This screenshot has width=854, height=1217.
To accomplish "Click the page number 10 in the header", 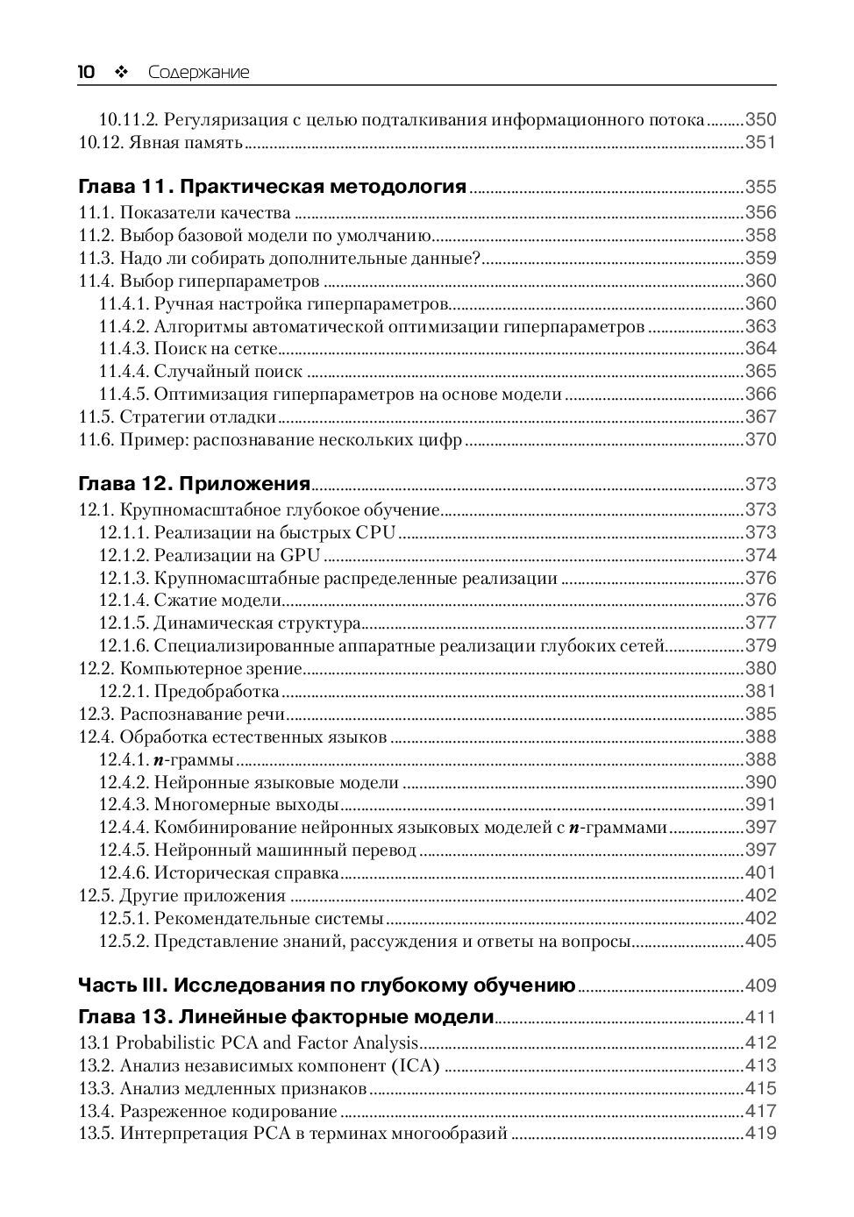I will coord(87,72).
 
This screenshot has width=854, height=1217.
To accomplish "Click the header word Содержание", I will coord(198,73).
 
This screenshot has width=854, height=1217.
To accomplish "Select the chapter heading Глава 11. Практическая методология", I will coord(273,187).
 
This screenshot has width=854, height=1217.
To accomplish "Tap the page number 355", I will coord(760,187).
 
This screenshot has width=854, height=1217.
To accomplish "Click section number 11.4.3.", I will coord(124,349).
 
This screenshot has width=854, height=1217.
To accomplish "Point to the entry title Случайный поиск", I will coord(228,372).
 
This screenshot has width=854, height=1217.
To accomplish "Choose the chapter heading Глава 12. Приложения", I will coord(195,484).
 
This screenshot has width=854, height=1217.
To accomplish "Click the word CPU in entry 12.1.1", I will coord(375,532).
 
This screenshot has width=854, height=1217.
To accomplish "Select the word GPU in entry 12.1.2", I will coord(300,555).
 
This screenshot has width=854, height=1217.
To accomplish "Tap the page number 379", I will coord(760,646).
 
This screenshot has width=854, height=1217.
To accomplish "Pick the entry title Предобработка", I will coord(217,692).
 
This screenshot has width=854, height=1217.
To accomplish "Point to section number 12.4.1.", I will coord(124,760).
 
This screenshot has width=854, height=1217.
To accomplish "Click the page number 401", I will coord(760,873).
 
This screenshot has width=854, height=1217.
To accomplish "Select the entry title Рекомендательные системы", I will coord(269,919).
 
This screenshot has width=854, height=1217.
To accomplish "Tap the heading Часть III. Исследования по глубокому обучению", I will coord(327,986).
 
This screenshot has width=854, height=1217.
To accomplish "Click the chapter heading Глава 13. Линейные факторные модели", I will coord(287,1018).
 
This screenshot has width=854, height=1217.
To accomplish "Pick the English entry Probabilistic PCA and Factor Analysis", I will coord(267,1043).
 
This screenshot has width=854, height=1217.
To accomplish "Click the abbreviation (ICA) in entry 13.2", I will coord(415,1066).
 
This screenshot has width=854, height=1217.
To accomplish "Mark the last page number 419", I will coord(760,1134).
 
